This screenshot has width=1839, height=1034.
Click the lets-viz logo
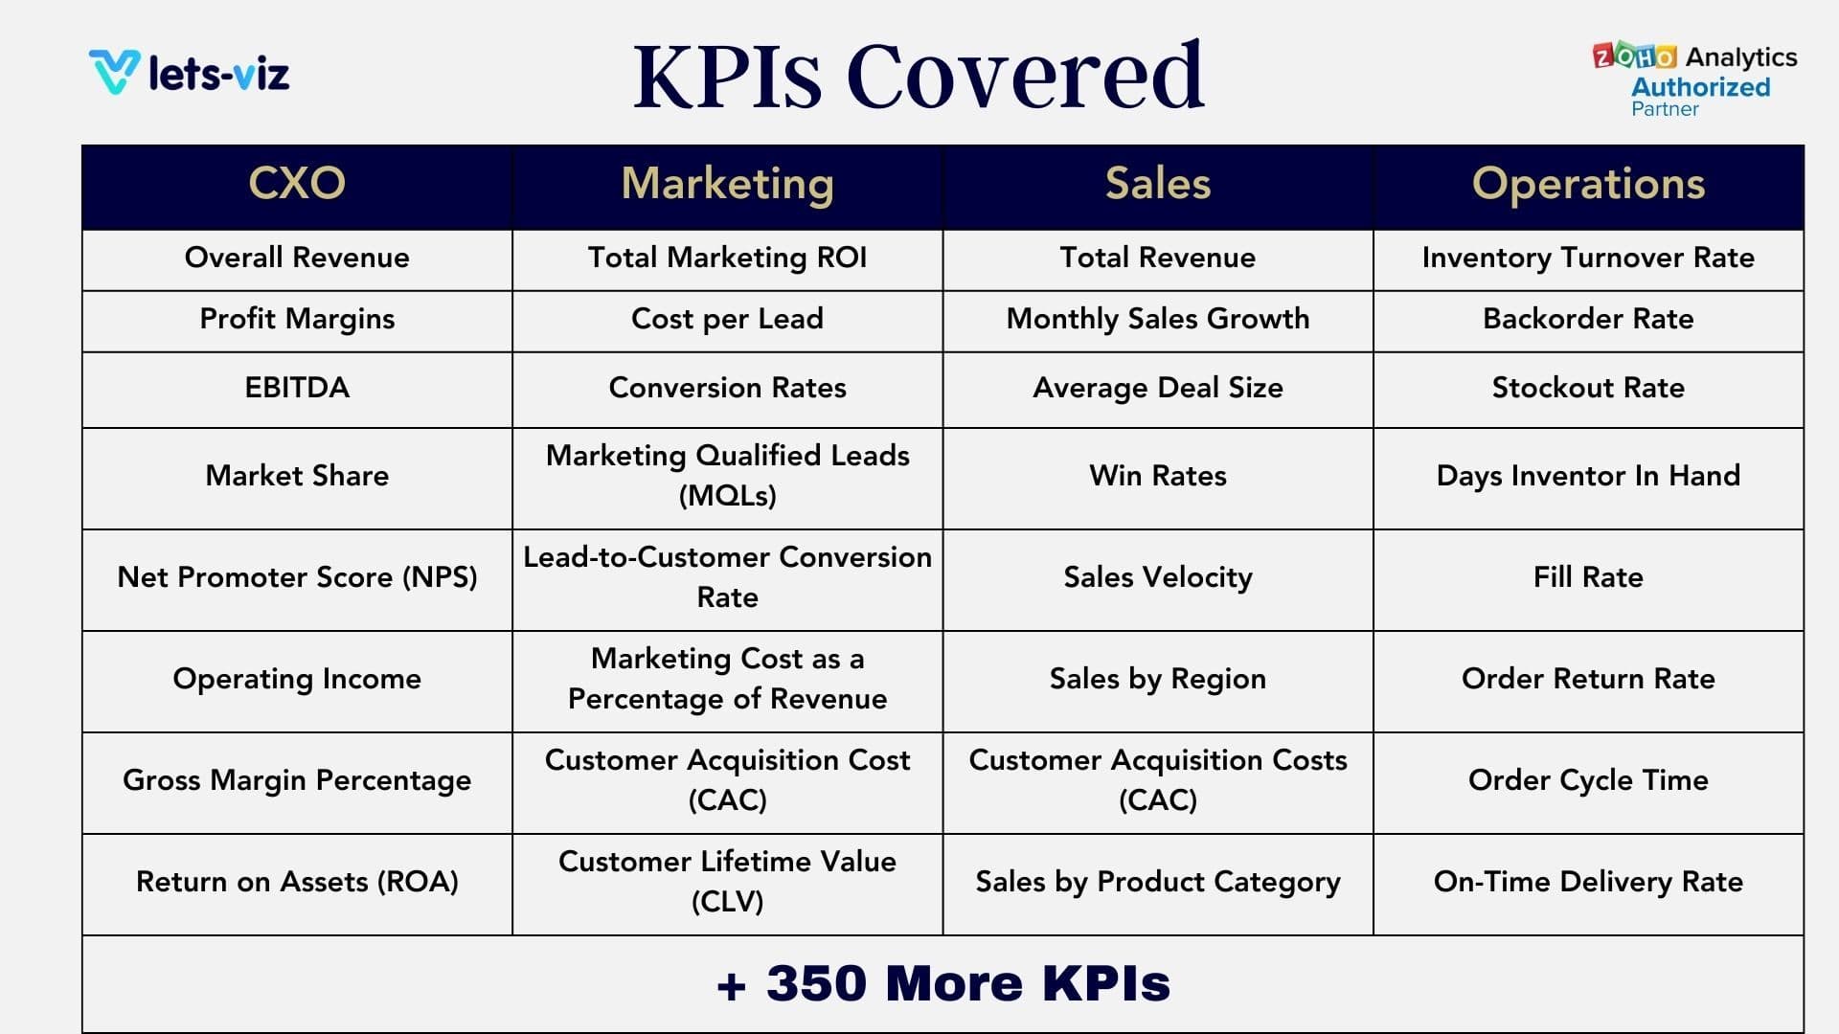[x=190, y=73]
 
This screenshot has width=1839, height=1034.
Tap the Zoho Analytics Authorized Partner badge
[x=1695, y=80]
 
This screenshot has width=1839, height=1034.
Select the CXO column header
[x=297, y=184]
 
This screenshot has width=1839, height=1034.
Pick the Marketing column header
[x=727, y=184]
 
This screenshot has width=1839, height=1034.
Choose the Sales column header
[x=1157, y=184]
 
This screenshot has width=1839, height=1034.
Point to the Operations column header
[x=1588, y=184]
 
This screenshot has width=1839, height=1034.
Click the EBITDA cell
[x=297, y=388]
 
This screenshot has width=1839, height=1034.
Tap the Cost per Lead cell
[x=727, y=319]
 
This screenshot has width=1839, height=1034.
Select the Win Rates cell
[x=1157, y=476]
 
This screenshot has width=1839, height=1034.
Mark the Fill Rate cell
[x=1588, y=577]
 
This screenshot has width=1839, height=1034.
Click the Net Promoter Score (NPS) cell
[x=297, y=577]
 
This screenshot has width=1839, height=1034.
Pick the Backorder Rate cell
[x=1588, y=319]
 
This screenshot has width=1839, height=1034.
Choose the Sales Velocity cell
[x=1157, y=577]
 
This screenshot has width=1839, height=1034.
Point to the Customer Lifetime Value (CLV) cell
[x=727, y=882]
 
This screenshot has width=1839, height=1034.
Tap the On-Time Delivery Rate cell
[x=1588, y=882]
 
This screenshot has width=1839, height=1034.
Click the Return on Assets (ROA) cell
[x=297, y=882]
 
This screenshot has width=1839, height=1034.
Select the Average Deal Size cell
[x=1157, y=388]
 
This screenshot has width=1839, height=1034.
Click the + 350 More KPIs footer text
[x=943, y=984]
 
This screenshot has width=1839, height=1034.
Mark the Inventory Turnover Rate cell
[x=1588, y=258]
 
